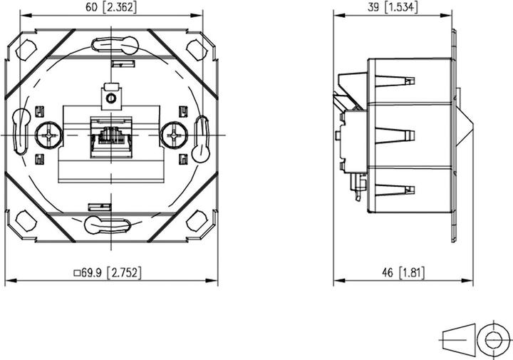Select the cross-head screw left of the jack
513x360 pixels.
[50, 134]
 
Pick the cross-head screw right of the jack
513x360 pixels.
[171, 134]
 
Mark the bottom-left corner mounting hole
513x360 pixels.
[26, 221]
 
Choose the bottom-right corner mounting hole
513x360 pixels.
[196, 221]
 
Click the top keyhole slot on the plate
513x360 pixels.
[111, 45]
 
